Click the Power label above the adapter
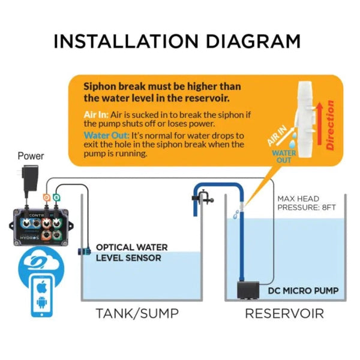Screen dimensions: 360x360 (x=31, y=156)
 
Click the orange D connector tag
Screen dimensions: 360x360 (x=46, y=197)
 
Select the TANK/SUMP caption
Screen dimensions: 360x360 (x=137, y=313)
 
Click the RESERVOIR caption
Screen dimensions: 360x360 (x=284, y=313)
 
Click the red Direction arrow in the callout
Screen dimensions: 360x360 (x=327, y=126)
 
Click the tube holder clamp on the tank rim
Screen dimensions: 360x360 (x=203, y=196)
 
